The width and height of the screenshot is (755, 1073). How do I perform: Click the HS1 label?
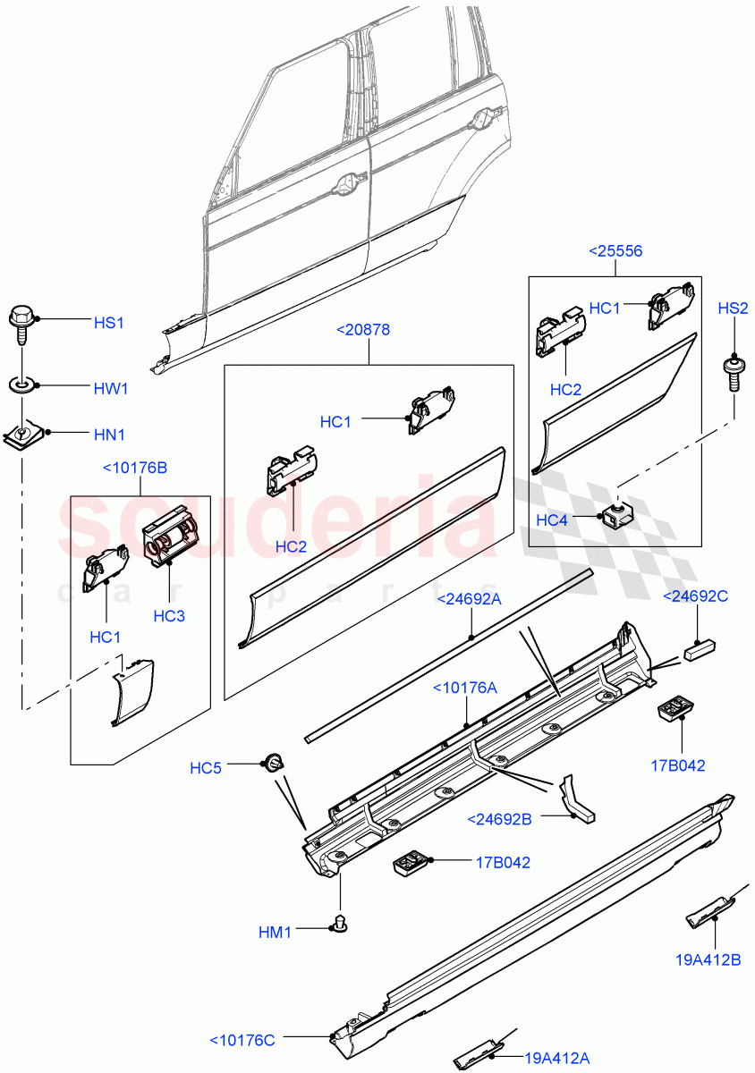109,322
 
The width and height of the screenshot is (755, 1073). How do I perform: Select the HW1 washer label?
111,389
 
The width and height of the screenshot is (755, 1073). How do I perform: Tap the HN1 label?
109,435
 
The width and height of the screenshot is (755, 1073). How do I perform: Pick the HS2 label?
733,308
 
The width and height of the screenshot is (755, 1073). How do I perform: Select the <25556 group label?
615,251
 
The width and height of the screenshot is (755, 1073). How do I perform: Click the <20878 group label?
363,330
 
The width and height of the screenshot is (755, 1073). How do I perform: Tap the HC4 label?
552,520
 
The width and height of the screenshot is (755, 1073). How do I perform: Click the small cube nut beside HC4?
614,514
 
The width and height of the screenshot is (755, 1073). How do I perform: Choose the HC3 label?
169,616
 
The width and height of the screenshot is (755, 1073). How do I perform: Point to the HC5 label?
205,768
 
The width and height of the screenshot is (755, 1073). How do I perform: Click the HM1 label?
276,933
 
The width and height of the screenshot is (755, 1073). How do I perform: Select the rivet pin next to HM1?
339,922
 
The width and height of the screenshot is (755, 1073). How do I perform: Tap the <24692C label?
695,596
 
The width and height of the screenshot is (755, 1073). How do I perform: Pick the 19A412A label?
557,1059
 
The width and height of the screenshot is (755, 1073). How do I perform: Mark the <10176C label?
242,1039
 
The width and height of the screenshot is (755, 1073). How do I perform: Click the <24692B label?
499,818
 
